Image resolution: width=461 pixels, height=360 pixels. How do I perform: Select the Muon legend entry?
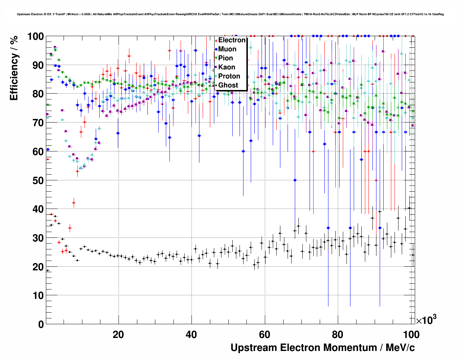(227, 49)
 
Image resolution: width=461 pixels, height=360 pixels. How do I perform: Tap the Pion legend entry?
(226, 58)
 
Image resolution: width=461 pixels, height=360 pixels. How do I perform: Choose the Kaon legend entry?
(227, 67)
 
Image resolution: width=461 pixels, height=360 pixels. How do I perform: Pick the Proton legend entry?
(229, 76)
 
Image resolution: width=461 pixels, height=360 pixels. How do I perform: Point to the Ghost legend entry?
(228, 85)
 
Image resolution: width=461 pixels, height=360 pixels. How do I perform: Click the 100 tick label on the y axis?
(35, 37)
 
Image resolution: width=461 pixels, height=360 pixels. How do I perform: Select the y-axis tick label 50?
(38, 180)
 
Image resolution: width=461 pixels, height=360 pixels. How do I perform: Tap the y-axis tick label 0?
(40, 324)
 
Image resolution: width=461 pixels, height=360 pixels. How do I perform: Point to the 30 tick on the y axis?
(38, 238)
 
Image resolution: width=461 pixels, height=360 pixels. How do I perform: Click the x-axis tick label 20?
(118, 335)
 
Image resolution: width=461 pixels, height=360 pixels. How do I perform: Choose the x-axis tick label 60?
(265, 335)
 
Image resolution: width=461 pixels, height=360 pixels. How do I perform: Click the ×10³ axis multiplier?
(426, 320)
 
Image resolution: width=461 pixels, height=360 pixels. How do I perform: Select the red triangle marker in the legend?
(216, 40)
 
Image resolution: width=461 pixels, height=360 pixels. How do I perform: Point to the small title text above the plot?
(230, 14)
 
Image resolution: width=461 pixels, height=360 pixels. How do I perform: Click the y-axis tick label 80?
(38, 94)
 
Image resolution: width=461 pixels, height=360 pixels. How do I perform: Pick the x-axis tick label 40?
(191, 335)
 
